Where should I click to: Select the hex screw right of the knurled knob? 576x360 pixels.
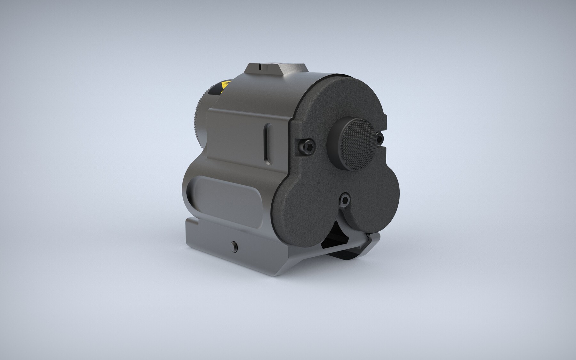coord(380,138)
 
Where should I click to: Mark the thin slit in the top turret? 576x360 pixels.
coord(261,68)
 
